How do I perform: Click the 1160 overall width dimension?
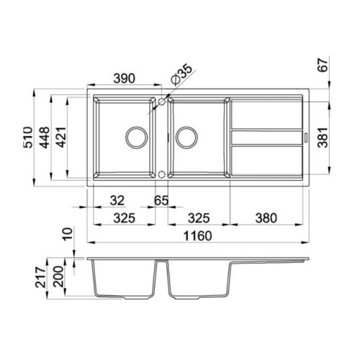(x=197, y=236)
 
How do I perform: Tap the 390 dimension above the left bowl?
(x=125, y=78)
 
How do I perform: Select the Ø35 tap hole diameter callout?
(x=181, y=74)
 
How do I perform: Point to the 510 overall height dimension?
(x=28, y=138)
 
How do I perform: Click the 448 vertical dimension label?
(x=45, y=138)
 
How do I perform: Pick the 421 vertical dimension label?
(x=60, y=137)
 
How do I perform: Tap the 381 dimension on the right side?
(x=323, y=138)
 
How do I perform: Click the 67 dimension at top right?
(x=323, y=65)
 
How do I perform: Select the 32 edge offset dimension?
(x=117, y=200)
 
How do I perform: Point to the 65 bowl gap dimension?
(x=161, y=200)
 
